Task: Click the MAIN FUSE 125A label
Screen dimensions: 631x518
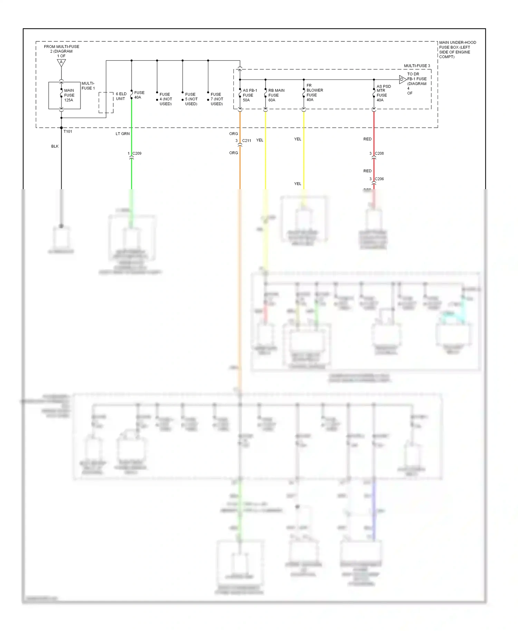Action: tap(69, 95)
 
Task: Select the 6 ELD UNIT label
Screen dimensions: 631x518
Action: tap(121, 96)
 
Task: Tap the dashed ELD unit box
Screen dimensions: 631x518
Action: tap(106, 103)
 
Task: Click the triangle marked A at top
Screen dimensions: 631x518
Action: tap(61, 62)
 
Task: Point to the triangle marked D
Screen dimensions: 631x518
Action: tap(402, 79)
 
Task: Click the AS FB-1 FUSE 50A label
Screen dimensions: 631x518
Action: tap(250, 95)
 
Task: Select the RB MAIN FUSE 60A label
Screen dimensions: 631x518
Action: tap(276, 95)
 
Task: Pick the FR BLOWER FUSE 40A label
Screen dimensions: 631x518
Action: tap(314, 93)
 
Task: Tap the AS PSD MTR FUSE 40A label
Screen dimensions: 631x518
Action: tap(383, 93)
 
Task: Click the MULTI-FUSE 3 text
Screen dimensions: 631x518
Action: tap(417, 66)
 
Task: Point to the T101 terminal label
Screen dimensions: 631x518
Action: tap(68, 132)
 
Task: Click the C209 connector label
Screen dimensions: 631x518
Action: tap(137, 153)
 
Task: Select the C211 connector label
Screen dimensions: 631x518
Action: tap(247, 140)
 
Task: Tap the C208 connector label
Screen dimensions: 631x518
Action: tap(379, 153)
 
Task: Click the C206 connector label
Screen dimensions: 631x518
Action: tap(379, 179)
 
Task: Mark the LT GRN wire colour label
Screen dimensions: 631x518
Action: tap(123, 134)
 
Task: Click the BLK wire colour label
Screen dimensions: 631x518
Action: tap(55, 146)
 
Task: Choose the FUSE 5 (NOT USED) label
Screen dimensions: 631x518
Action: tap(191, 99)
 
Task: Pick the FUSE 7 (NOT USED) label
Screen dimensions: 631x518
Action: tap(217, 99)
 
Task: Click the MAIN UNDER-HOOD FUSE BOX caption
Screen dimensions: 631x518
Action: tap(457, 49)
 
